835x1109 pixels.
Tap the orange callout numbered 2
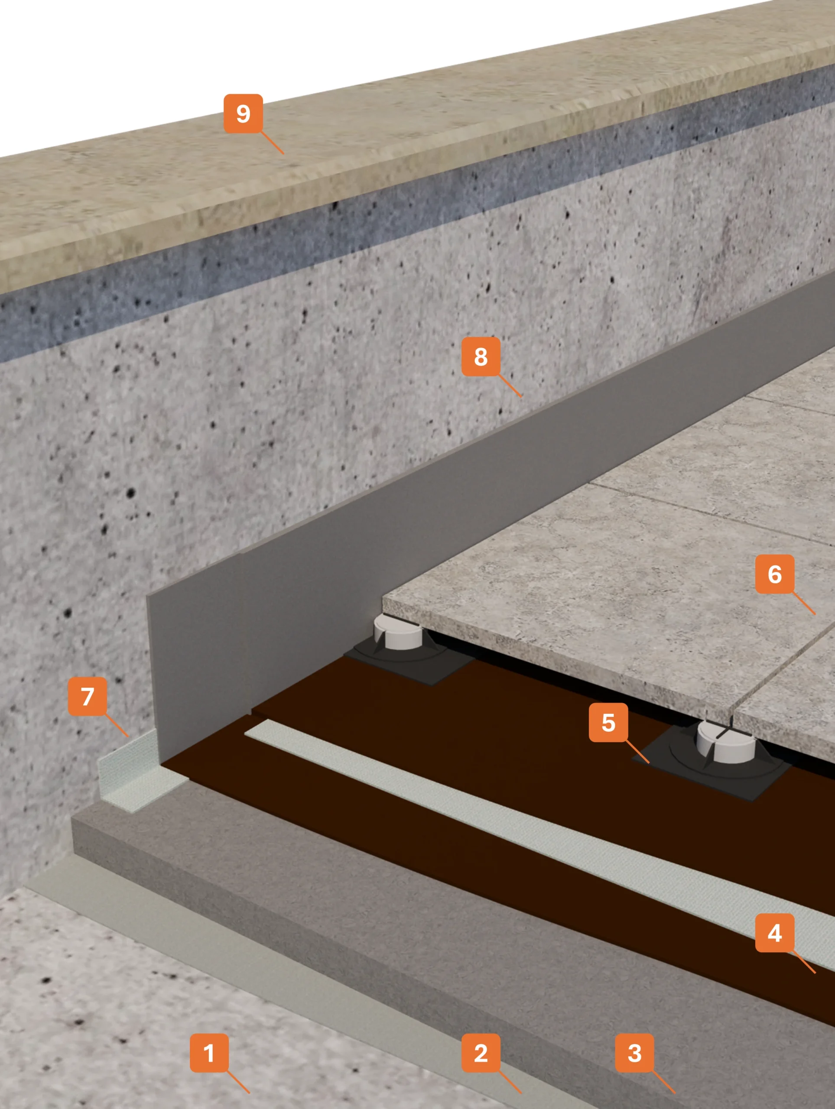point(481,1053)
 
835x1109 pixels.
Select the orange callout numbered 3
point(634,1053)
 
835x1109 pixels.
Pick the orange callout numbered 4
point(774,933)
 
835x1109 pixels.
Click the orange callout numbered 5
point(608,722)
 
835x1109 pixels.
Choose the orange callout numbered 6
point(774,574)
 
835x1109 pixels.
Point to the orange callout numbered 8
point(481,357)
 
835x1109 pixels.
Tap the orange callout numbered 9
point(243,114)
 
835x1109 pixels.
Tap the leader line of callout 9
point(272,143)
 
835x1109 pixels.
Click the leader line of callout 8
point(510,386)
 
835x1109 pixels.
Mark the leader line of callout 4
point(804,962)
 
